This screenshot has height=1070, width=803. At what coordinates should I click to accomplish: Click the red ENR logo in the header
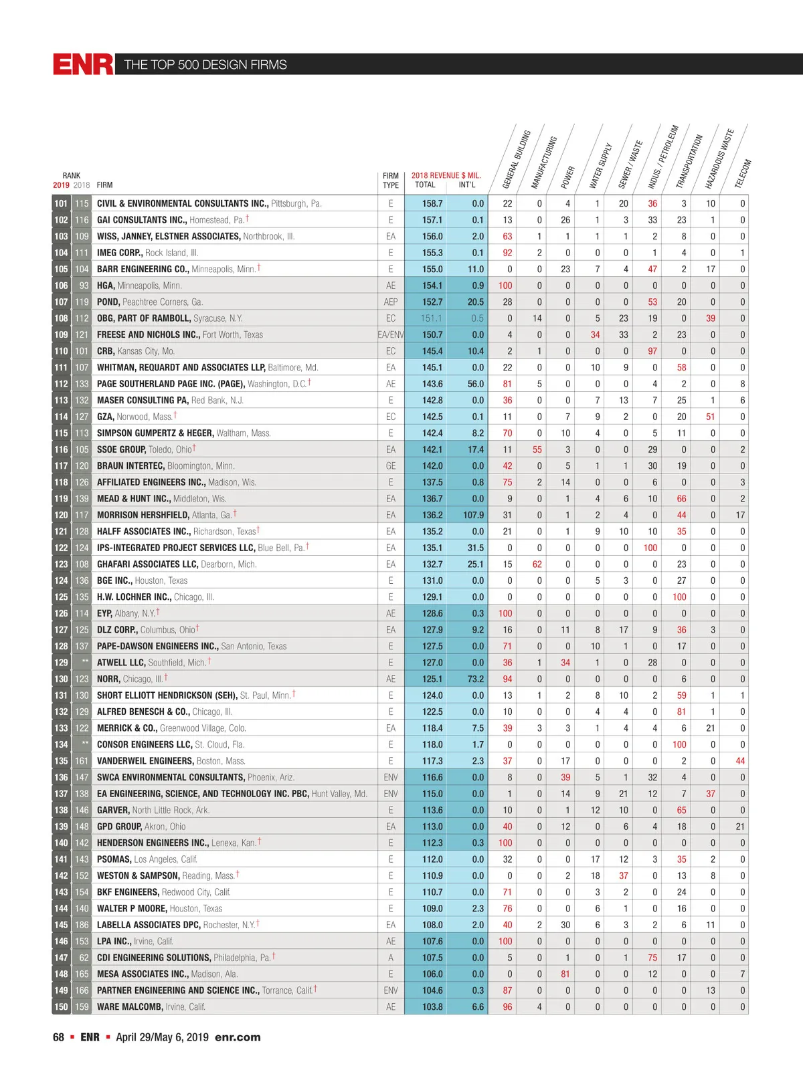(x=84, y=64)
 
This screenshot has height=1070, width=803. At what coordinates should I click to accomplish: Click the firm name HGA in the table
(x=106, y=286)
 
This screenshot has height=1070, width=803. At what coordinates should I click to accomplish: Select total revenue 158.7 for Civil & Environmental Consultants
(x=432, y=203)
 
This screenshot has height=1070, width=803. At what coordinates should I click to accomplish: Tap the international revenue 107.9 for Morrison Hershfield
(x=473, y=515)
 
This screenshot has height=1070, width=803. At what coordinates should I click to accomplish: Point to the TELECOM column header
(x=743, y=174)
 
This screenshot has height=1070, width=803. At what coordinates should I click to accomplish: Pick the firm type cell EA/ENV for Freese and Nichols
(x=391, y=334)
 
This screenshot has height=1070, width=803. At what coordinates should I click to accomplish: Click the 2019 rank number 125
(x=61, y=597)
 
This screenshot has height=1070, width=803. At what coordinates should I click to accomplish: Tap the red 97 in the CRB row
(x=652, y=351)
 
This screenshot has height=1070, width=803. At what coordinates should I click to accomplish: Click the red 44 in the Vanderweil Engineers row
(x=740, y=761)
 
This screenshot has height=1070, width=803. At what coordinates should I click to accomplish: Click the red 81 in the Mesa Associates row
(x=565, y=974)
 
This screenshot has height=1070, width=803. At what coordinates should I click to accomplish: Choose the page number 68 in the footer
(x=59, y=1037)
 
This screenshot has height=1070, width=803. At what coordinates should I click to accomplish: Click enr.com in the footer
(x=238, y=1037)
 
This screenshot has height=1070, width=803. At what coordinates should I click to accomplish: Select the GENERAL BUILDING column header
(x=516, y=159)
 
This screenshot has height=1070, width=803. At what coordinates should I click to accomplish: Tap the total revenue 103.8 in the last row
(x=432, y=1006)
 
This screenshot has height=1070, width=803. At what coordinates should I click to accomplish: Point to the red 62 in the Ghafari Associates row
(x=537, y=564)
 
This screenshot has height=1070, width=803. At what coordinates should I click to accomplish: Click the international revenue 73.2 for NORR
(x=475, y=679)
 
